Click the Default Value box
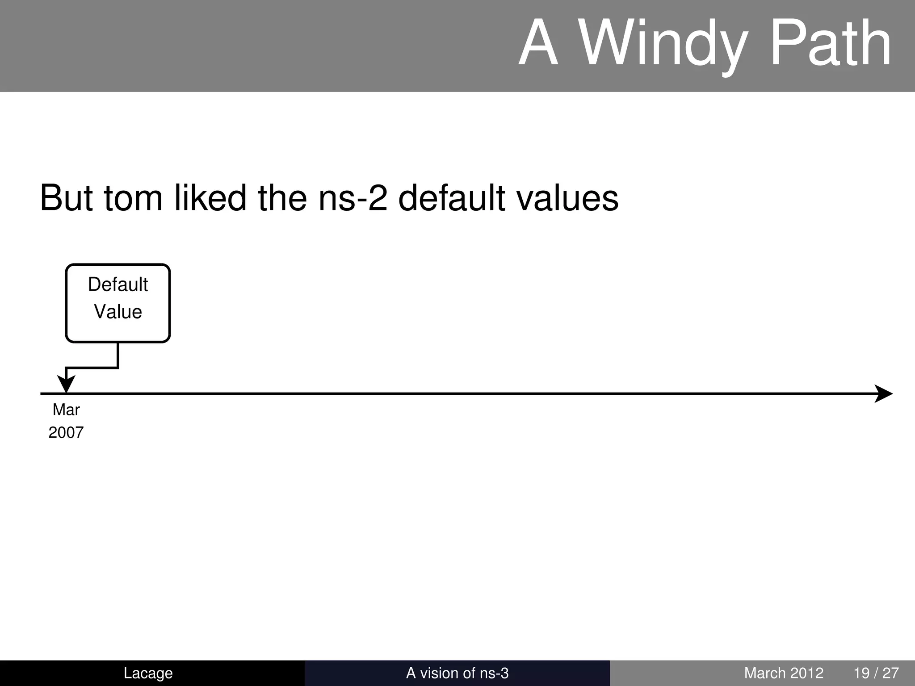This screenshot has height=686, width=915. pyautogui.click(x=118, y=304)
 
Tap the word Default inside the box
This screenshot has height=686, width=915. pyautogui.click(x=118, y=284)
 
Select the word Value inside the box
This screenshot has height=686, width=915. pyautogui.click(x=118, y=312)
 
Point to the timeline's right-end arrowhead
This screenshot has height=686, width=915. pyautogui.click(x=884, y=393)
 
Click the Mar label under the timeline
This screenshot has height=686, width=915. pyautogui.click(x=66, y=410)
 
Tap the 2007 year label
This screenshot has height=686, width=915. pyautogui.click(x=66, y=432)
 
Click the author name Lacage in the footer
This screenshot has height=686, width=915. pyautogui.click(x=148, y=673)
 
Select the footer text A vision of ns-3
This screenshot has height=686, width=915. pyautogui.click(x=457, y=673)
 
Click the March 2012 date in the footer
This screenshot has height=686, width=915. pyautogui.click(x=784, y=673)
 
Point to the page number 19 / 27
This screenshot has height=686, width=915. pyautogui.click(x=876, y=673)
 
